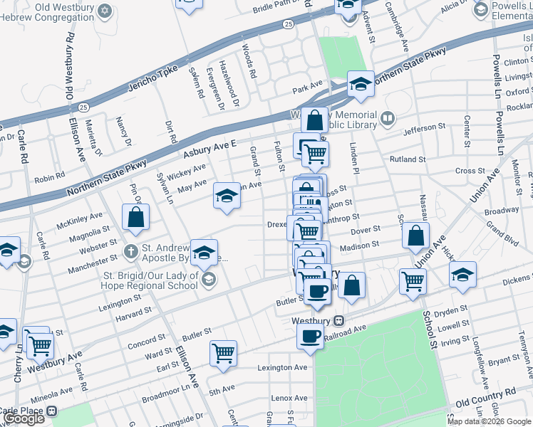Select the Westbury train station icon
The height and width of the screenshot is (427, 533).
[339, 321]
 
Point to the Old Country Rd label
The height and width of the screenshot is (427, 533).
[485, 393]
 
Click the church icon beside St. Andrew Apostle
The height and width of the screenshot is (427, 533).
[130, 251]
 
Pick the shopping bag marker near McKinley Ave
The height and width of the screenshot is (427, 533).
[135, 217]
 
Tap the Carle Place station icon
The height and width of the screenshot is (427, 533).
[51, 411]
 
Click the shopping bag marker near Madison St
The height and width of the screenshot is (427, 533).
[415, 236]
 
